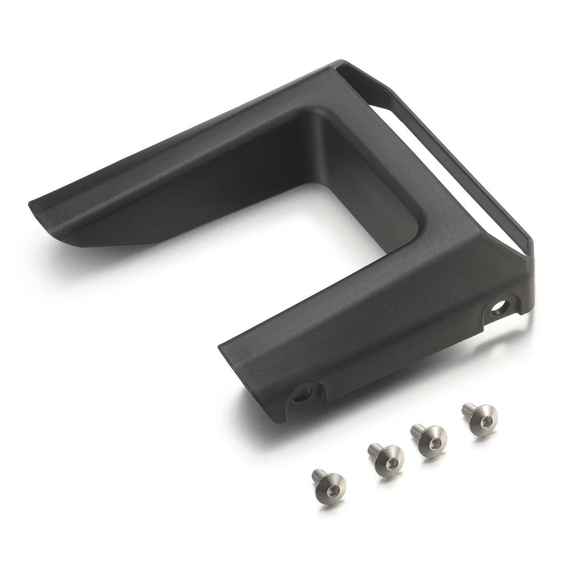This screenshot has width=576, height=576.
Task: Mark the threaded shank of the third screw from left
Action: (417, 429)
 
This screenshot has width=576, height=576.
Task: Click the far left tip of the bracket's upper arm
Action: (31, 204)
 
